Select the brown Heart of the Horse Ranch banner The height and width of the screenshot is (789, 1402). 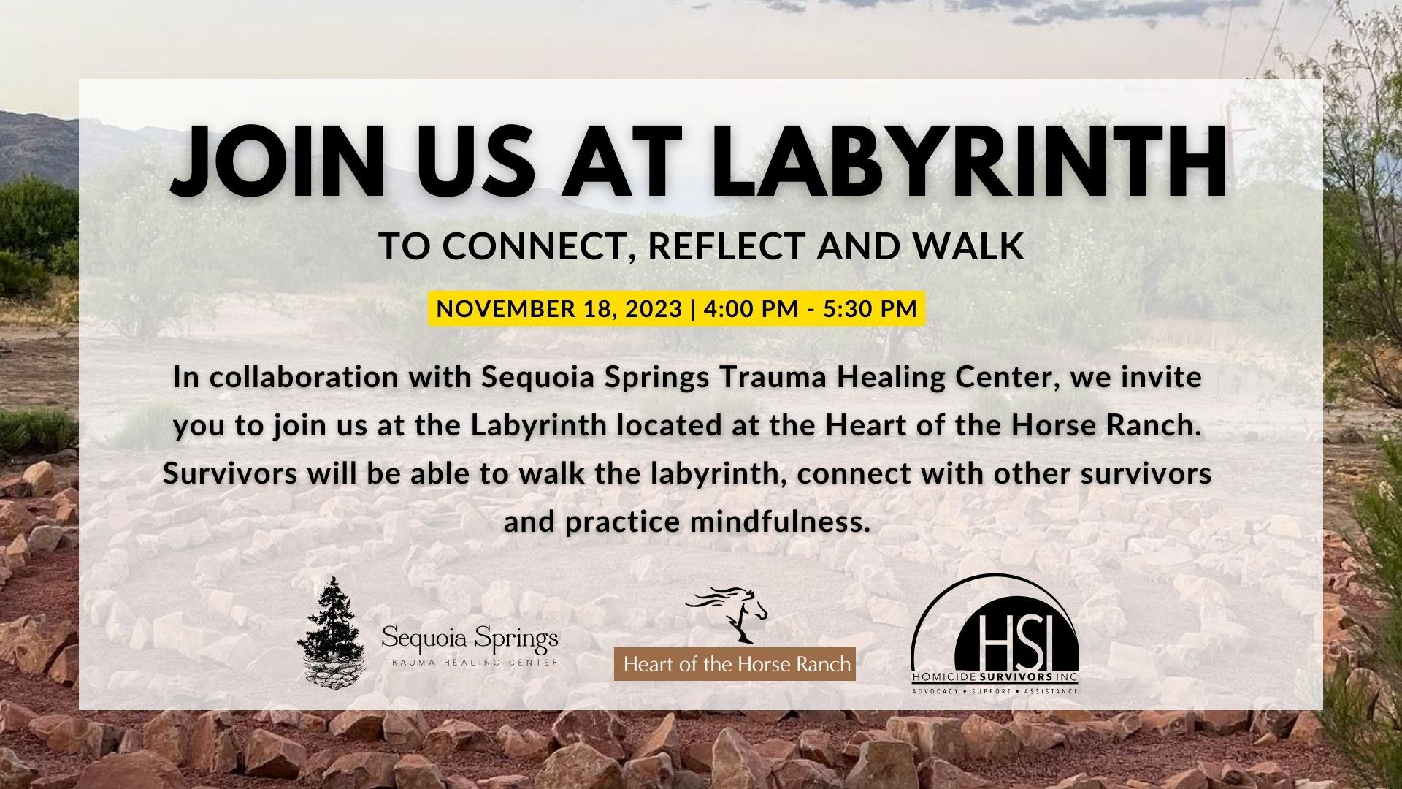point(735,664)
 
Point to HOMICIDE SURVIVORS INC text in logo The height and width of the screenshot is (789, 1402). point(995,676)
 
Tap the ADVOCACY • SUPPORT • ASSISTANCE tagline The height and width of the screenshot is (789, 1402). point(995,690)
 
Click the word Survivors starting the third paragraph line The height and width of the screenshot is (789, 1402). point(230,473)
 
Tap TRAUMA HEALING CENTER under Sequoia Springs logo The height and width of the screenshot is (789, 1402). point(470,662)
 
